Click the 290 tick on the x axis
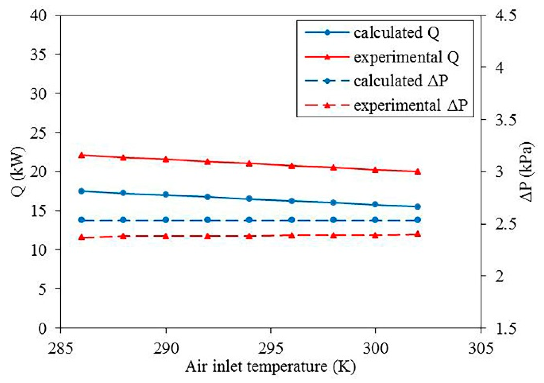pos(166,348)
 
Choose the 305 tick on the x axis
pos(481,348)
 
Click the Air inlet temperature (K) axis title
pos(270,367)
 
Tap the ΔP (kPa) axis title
pos(527,172)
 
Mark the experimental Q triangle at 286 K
pos(82,155)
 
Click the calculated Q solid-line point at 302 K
pos(417,207)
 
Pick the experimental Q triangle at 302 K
pos(417,172)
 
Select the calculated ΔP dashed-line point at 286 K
pos(82,220)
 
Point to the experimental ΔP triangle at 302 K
pos(417,234)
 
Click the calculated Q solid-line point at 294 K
pos(249,199)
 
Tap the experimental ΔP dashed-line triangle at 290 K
pos(166,236)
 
